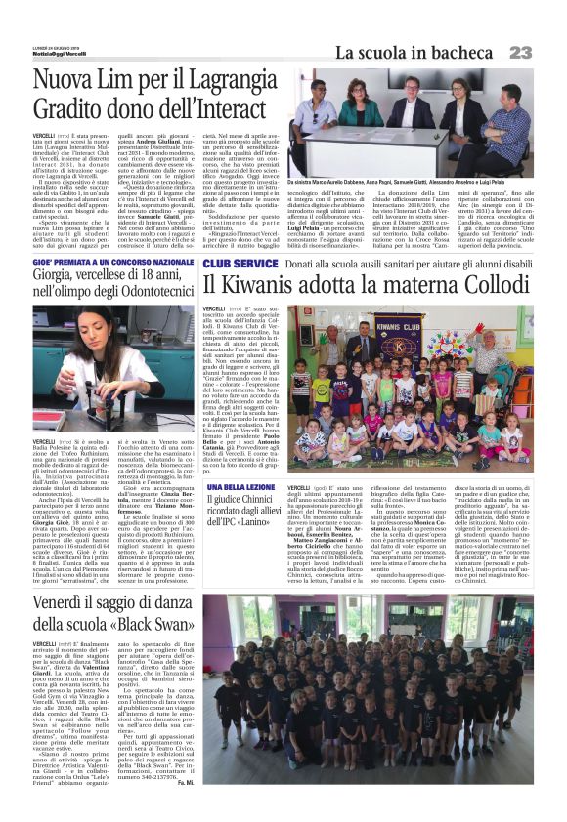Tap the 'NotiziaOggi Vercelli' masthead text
click(x=60, y=53)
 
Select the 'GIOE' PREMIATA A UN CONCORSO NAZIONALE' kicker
click(x=113, y=264)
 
